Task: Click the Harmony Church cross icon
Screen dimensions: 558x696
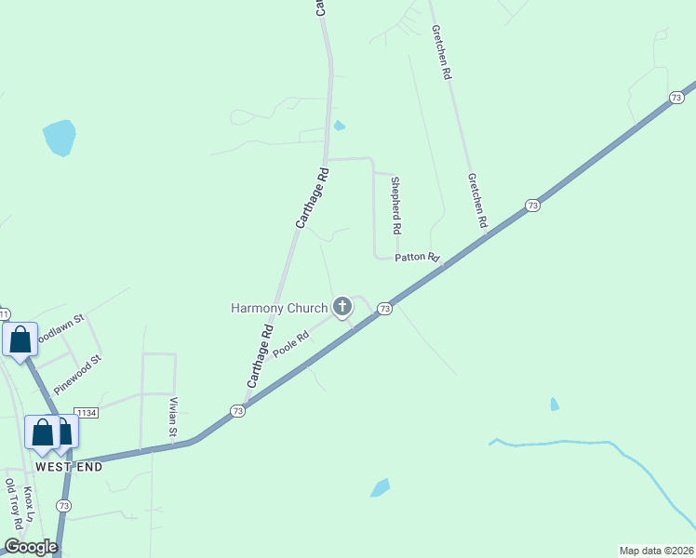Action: (x=342, y=306)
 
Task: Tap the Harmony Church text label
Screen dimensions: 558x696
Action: (x=279, y=308)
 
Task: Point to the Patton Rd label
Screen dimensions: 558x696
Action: (x=416, y=258)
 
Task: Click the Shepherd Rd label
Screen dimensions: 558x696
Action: (x=395, y=205)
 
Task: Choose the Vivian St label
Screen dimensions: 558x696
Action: (x=172, y=416)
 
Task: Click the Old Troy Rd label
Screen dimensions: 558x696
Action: (x=13, y=505)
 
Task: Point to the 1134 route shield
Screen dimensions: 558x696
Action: (x=86, y=413)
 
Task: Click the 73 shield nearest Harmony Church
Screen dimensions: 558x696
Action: (x=384, y=309)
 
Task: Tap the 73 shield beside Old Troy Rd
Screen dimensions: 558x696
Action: (x=63, y=505)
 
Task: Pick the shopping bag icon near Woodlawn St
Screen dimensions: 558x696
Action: (x=20, y=339)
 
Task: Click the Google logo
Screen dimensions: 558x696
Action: (x=31, y=547)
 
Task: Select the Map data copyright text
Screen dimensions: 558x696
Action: (x=656, y=550)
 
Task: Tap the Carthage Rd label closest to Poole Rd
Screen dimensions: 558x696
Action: (x=260, y=355)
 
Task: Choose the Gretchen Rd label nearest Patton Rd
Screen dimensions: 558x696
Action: (x=477, y=201)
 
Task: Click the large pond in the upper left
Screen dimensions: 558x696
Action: (x=59, y=138)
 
